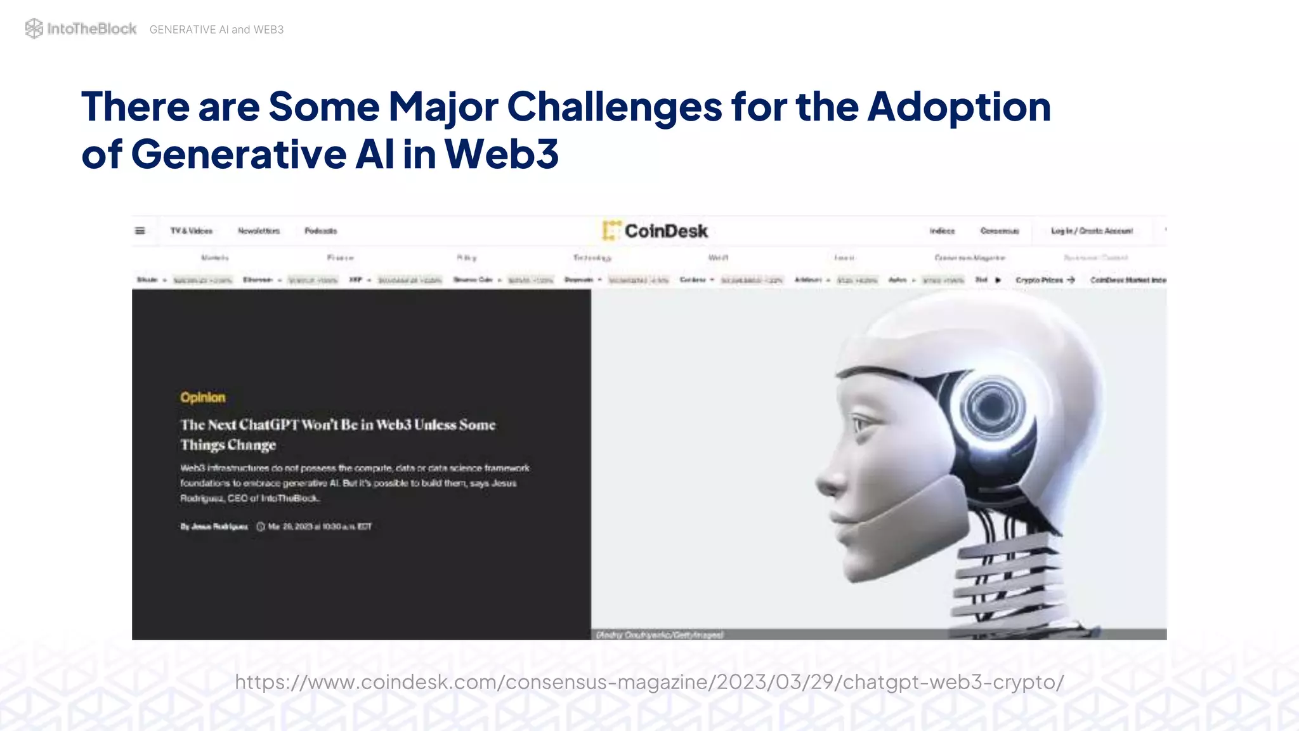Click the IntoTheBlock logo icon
coord(34,29)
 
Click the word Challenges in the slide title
coord(614,107)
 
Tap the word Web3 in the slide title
coord(502,154)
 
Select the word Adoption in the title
coord(959,107)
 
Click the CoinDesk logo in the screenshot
coord(655,231)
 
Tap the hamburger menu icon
coord(140,231)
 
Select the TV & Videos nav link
coord(192,231)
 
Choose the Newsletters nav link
coord(259,231)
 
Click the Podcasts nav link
coord(321,231)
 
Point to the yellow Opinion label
coord(203,398)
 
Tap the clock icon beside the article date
coord(261,527)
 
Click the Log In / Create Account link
coord(1092,231)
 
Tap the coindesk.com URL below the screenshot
coord(649,682)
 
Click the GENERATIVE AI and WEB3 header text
coord(216,30)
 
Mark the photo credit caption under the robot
coord(660,635)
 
